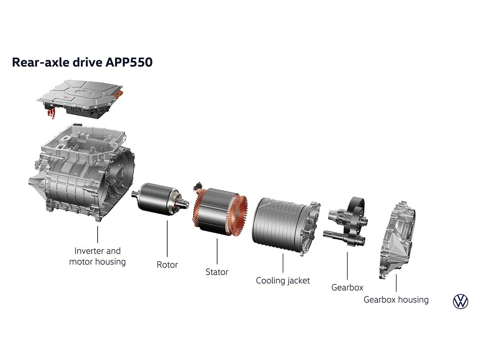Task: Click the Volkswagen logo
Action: point(460,301)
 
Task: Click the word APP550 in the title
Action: point(129,62)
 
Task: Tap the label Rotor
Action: point(167,265)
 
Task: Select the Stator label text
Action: point(217,272)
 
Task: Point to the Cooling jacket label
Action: point(283,281)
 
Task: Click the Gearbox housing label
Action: point(396,300)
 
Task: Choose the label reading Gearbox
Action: point(347,288)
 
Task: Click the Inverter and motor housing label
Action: point(97,256)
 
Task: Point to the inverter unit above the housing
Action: point(80,99)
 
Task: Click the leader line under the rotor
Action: point(167,238)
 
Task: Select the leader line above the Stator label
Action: point(217,251)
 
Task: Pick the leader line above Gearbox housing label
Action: point(396,283)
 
